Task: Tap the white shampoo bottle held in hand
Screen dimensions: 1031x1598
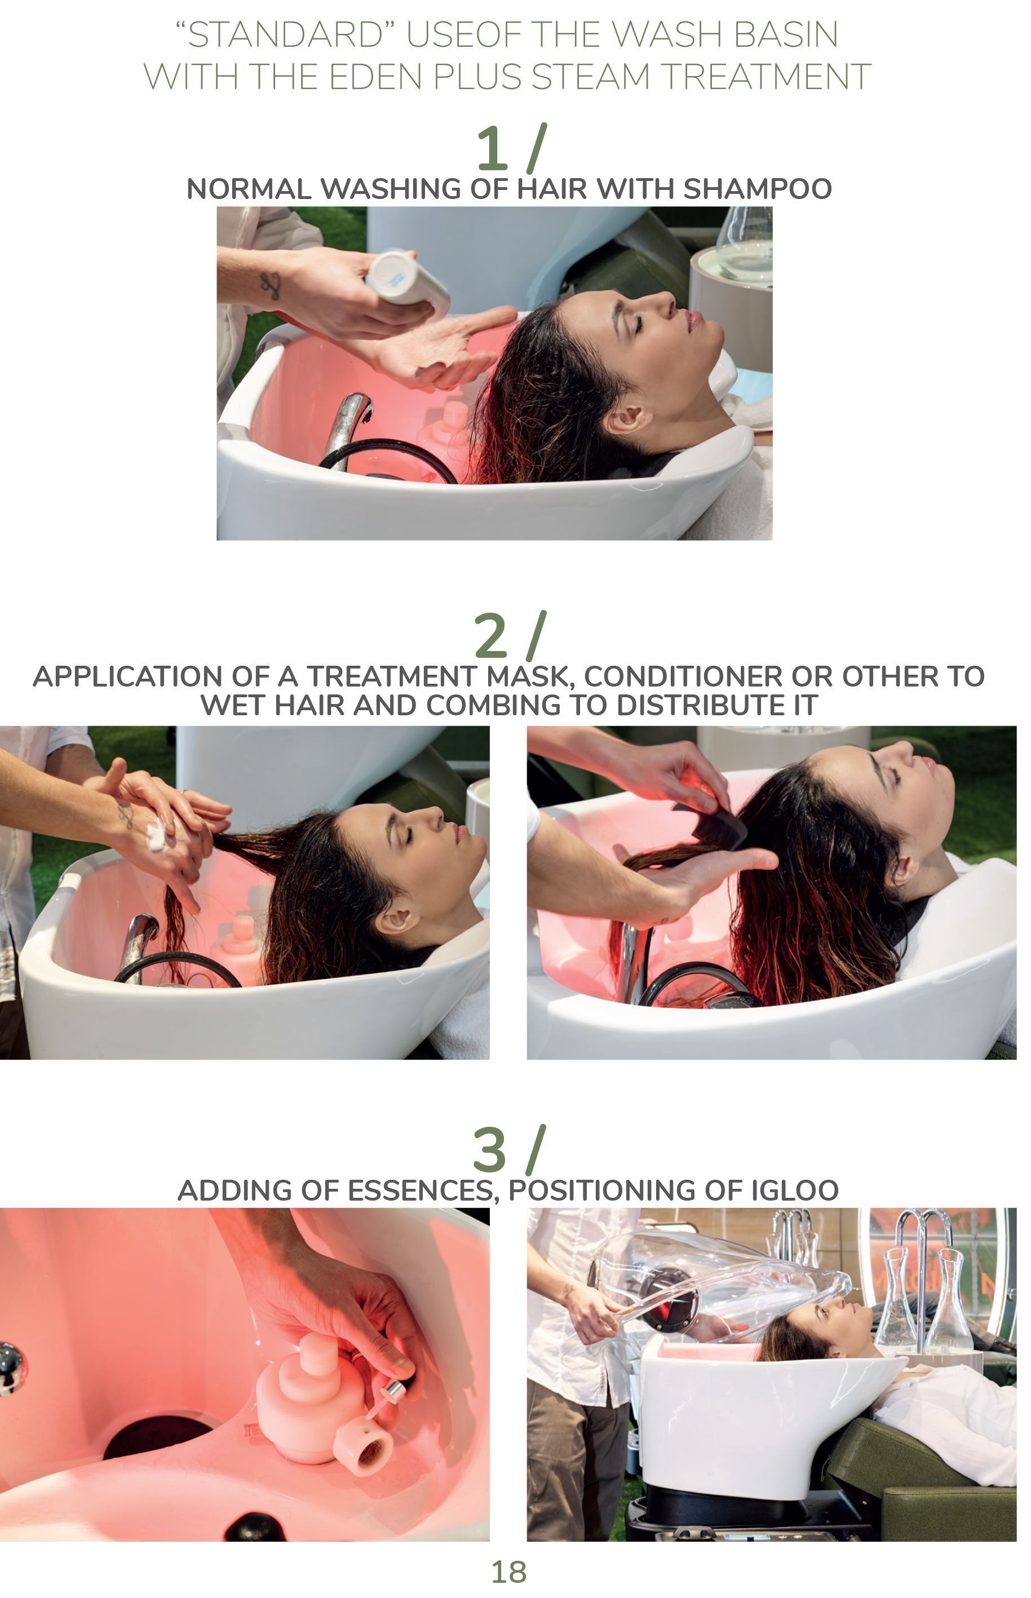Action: pos(410,281)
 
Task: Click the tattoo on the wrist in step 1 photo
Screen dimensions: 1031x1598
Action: pos(272,286)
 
